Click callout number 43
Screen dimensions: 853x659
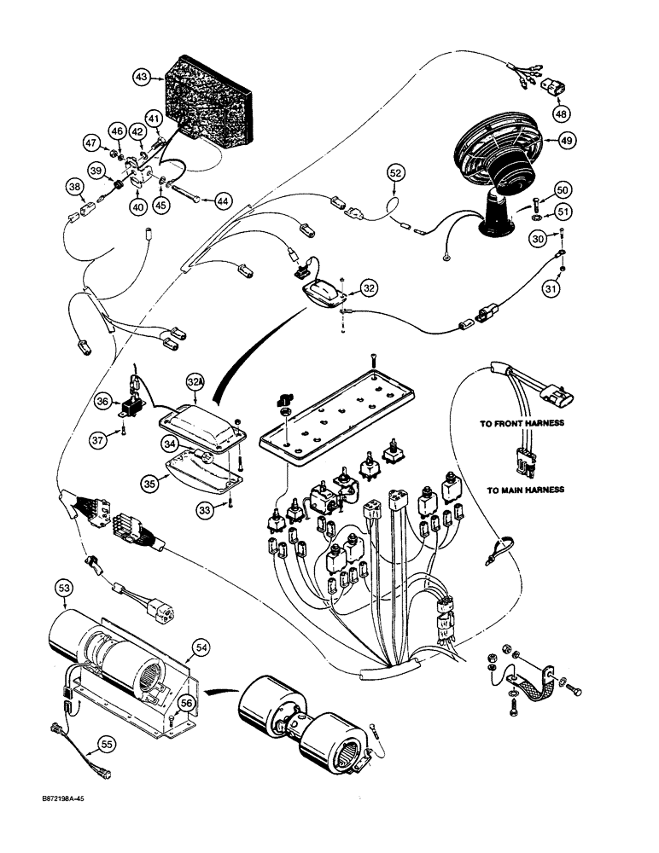click(x=143, y=78)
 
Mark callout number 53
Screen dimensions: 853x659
click(x=63, y=588)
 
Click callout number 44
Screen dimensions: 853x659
click(x=222, y=200)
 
